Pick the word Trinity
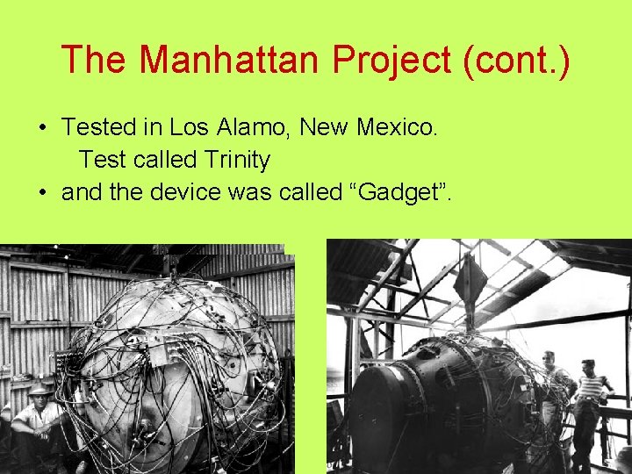point(237,160)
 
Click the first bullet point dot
point(42,128)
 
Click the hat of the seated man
point(39,391)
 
